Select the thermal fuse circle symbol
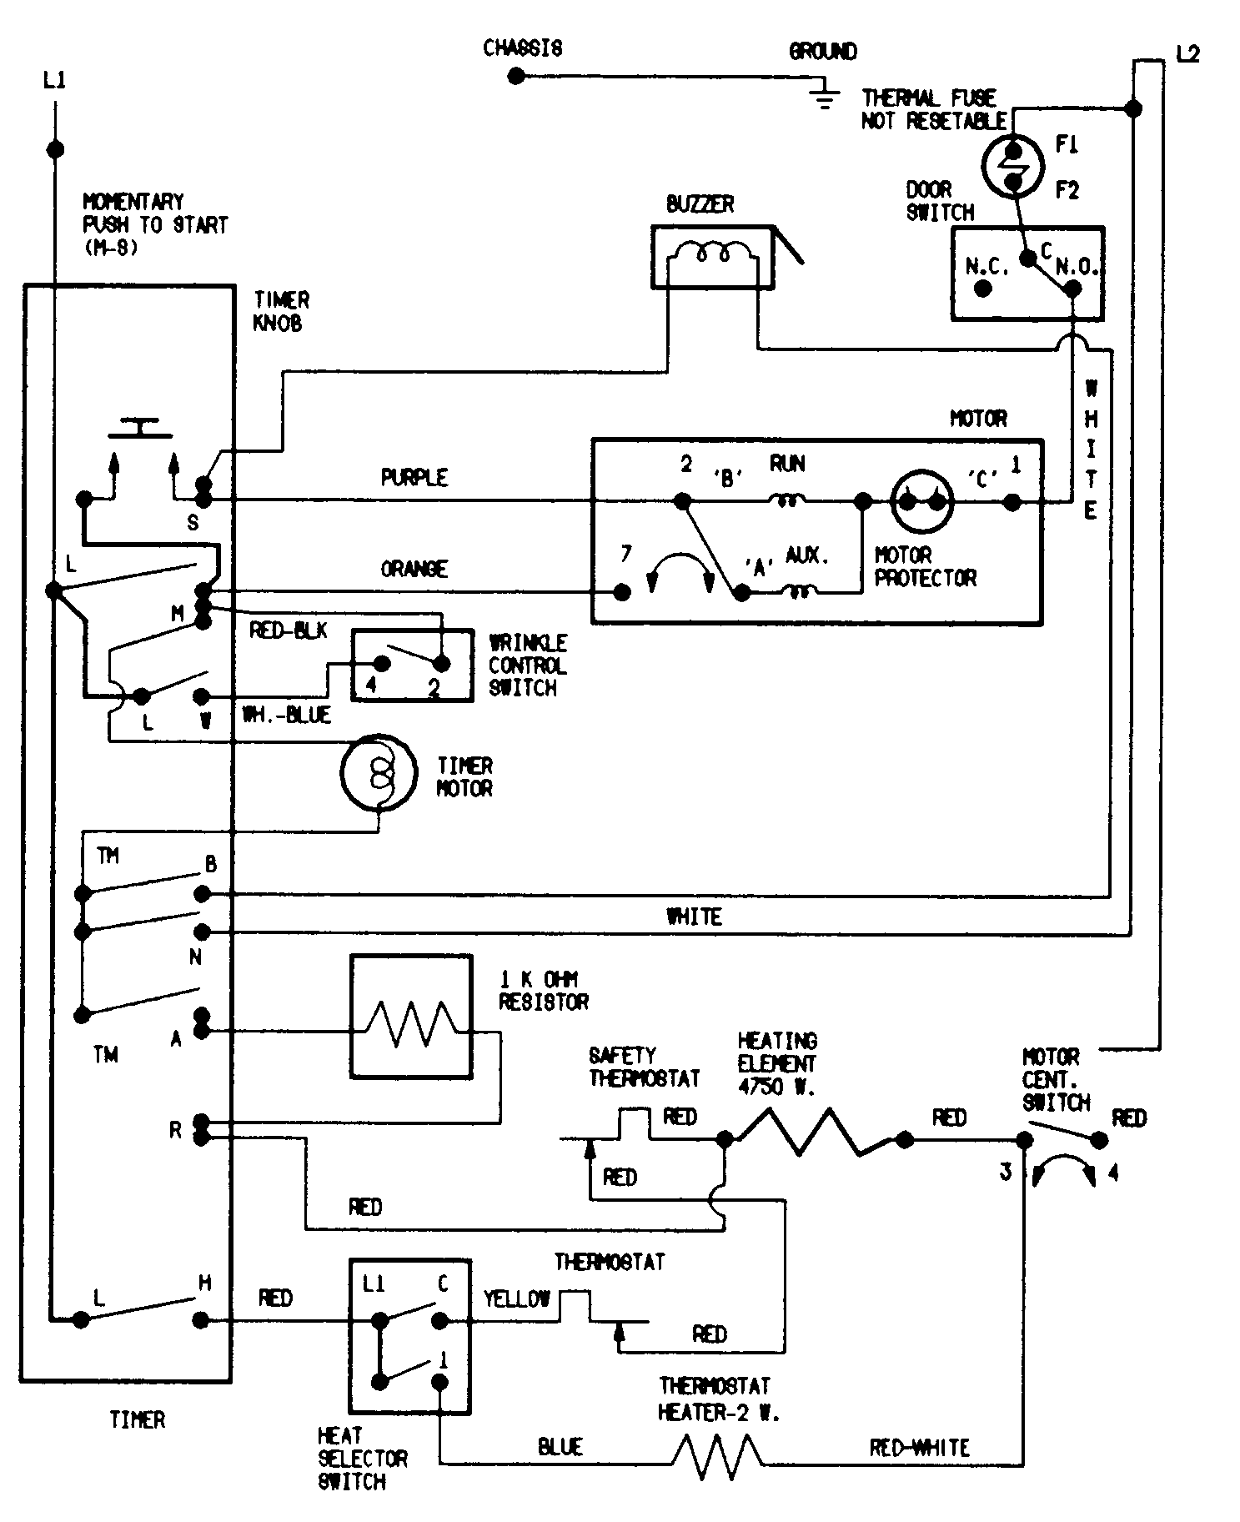click(1013, 166)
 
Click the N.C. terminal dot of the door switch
click(983, 289)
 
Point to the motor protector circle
click(921, 501)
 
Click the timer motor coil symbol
click(378, 772)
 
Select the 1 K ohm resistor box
click(411, 1017)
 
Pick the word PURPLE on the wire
click(414, 478)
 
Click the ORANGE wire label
click(414, 569)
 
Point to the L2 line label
click(1187, 55)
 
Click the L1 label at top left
click(54, 81)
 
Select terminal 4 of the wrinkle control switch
click(381, 665)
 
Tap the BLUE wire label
click(560, 1448)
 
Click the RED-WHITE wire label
click(919, 1448)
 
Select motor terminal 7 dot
click(621, 591)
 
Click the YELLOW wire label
click(516, 1298)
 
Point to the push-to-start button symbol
click(142, 429)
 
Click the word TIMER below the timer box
click(138, 1419)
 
